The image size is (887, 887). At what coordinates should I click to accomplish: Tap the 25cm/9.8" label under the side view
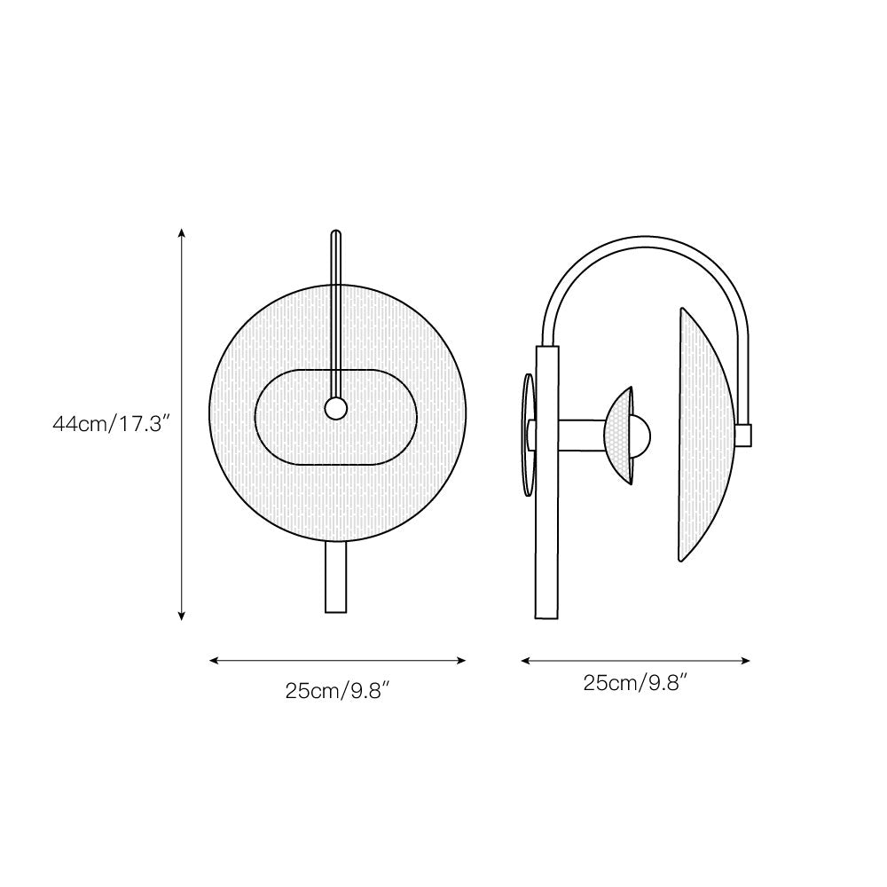[x=636, y=683]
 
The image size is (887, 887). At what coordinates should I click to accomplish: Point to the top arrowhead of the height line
[x=182, y=233]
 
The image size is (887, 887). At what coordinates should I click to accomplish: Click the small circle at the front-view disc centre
[x=335, y=408]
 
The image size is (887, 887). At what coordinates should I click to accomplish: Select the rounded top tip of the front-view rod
[x=335, y=235]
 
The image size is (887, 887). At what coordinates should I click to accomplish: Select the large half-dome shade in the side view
[x=703, y=435]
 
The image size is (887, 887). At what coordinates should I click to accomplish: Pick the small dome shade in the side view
[x=619, y=435]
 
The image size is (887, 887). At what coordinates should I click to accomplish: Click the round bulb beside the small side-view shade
[x=640, y=435]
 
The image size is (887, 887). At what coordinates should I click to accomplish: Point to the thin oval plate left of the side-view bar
[x=528, y=435]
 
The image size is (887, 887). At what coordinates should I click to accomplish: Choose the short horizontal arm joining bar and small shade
[x=582, y=434]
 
